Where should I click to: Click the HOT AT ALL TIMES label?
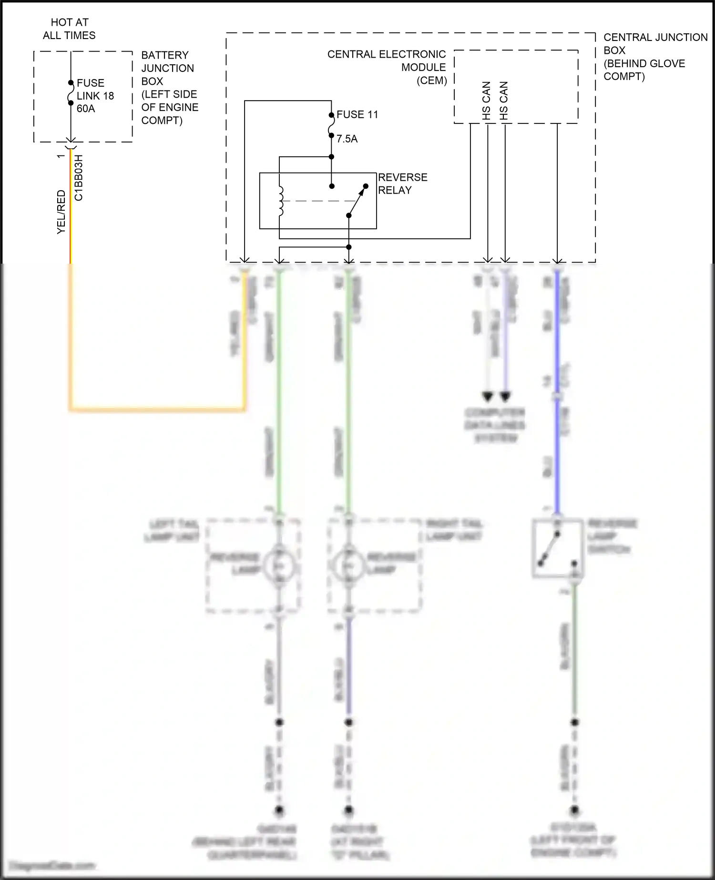[x=69, y=29]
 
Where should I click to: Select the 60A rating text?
[x=86, y=109]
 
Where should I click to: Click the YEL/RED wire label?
[x=61, y=212]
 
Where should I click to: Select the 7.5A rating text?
[x=347, y=139]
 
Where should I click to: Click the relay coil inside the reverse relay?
[x=281, y=201]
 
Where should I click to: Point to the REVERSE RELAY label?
[x=402, y=184]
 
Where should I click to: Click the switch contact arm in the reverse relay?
[x=357, y=201]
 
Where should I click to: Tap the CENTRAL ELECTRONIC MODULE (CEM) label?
[x=387, y=67]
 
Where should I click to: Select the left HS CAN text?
[x=487, y=101]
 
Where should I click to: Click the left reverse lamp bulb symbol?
[x=279, y=565]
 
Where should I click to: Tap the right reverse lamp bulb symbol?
[x=348, y=565]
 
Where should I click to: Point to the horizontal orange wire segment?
[x=157, y=409]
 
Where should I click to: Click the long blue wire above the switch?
[x=556, y=453]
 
